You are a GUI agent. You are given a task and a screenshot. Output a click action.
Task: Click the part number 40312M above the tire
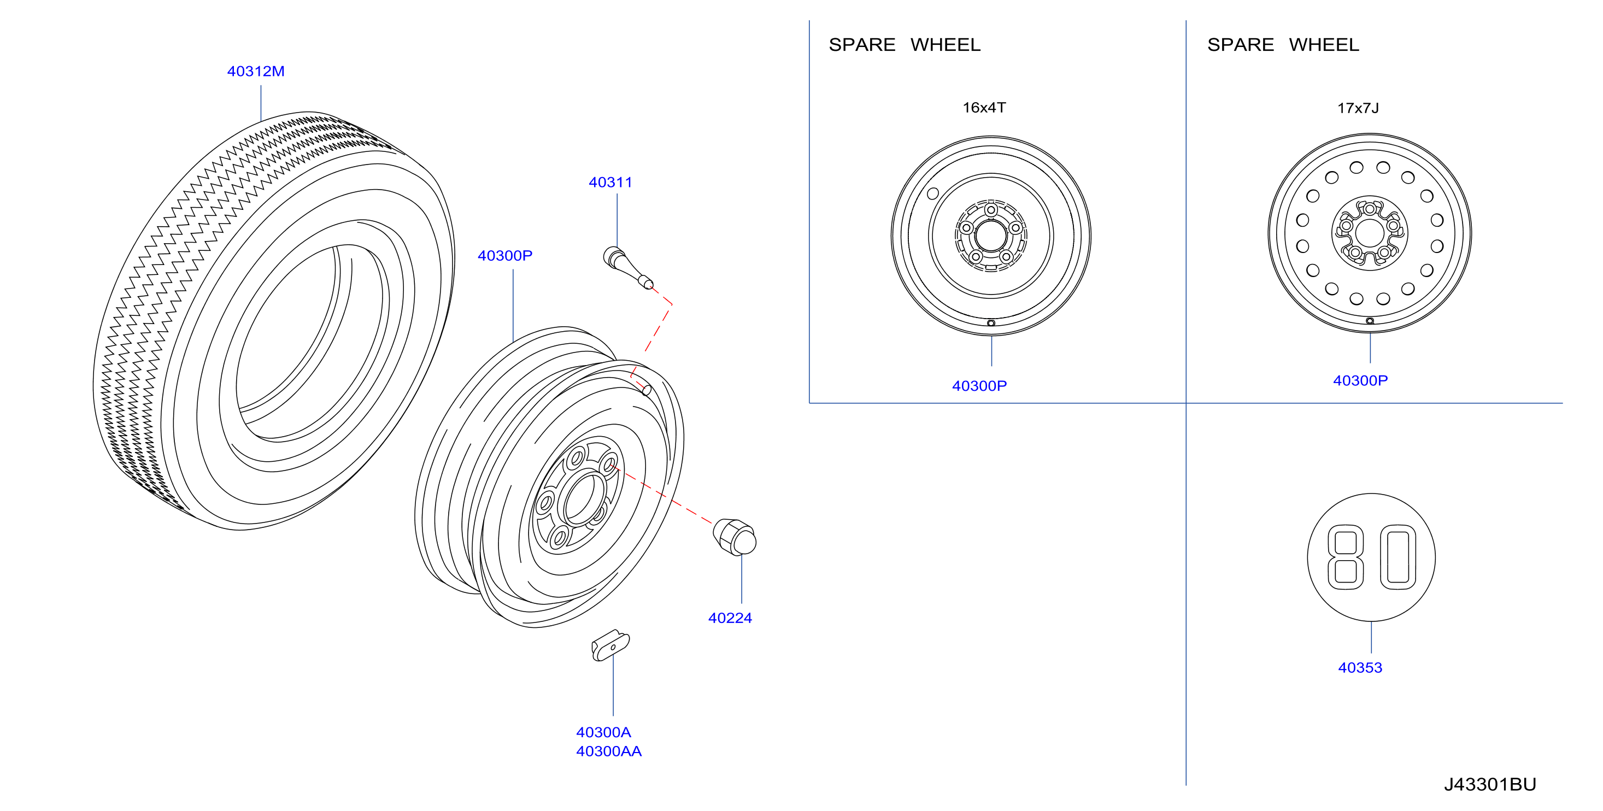coord(256,72)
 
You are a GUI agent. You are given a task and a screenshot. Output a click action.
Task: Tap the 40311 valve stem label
coord(610,183)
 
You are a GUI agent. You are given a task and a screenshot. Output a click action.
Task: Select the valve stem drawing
coord(628,268)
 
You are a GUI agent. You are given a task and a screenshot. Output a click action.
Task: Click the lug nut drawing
coord(735,537)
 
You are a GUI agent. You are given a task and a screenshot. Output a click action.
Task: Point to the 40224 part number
coord(730,618)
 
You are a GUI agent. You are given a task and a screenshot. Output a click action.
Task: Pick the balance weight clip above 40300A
coord(610,645)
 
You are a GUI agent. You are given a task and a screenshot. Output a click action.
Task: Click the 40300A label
coord(603,732)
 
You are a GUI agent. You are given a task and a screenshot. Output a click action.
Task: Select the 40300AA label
coord(609,751)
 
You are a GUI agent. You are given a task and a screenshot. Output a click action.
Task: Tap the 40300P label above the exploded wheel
coord(504,256)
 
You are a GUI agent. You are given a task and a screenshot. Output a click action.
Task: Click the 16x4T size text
coord(984,108)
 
